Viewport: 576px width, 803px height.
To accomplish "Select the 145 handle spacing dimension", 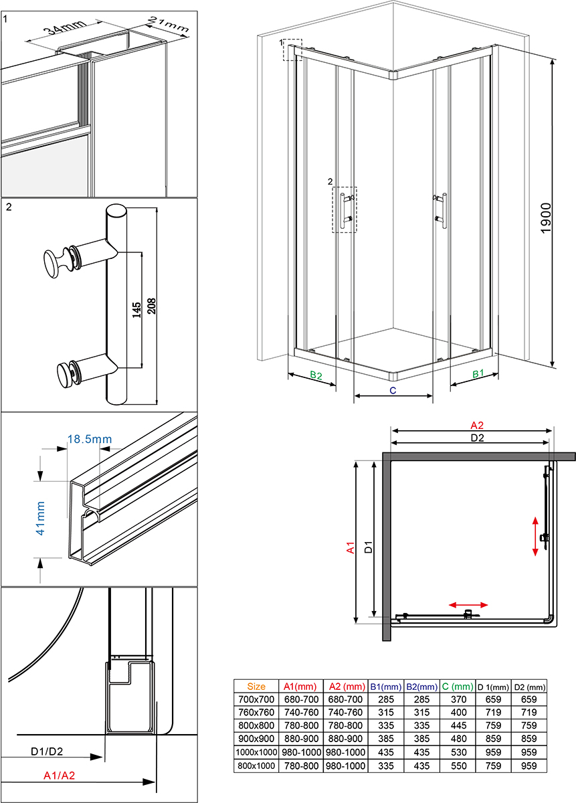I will point(136,309).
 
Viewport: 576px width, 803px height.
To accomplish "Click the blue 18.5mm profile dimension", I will point(89,440).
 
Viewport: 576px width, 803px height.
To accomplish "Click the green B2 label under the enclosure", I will point(315,376).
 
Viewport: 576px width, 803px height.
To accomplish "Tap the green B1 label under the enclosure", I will point(478,374).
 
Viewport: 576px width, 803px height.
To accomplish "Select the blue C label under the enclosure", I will point(393,389).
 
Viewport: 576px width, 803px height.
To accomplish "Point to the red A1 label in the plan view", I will point(350,548).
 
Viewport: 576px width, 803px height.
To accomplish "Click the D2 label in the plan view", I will point(476,438).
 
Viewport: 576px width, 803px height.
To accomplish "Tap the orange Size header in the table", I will point(256,686).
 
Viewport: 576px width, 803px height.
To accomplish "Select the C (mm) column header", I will point(457,686).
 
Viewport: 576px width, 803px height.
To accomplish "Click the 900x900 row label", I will point(256,739).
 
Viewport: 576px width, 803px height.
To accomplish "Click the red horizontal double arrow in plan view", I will point(468,604).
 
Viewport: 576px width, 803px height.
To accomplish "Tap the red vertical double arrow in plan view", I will point(535,535).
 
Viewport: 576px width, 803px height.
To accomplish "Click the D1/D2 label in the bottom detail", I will point(47,751).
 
